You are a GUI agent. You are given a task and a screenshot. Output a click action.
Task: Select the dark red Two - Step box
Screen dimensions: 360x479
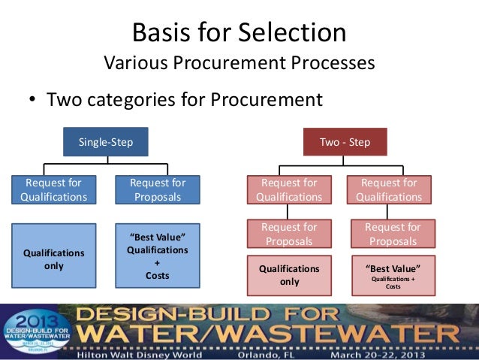pos(345,142)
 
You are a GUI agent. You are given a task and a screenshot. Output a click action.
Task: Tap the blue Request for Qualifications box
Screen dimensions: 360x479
pos(53,189)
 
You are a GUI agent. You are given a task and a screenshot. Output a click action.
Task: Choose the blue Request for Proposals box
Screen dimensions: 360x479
pos(158,189)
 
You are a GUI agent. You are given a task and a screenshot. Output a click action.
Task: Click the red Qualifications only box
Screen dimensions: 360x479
pos(289,275)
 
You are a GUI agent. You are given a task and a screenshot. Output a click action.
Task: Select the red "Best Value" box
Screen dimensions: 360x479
pos(393,275)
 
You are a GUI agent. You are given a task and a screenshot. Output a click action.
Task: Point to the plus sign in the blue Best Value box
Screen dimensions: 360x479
pos(157,263)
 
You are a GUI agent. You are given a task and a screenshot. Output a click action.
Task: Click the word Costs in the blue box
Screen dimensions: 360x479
pos(157,276)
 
